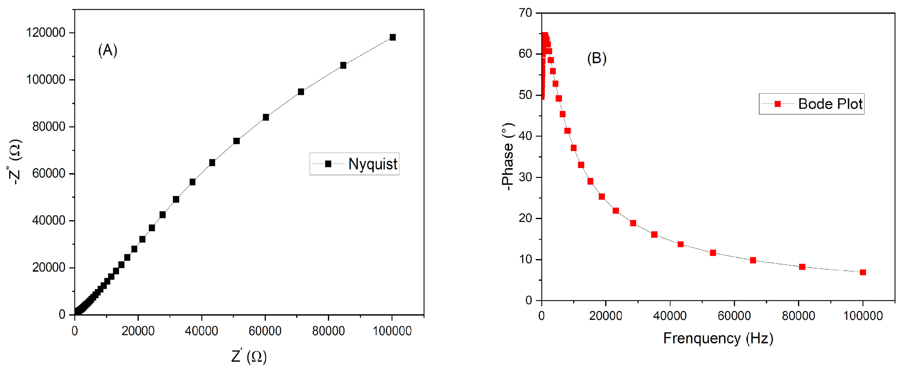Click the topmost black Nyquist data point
click(393, 37)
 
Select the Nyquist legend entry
click(354, 164)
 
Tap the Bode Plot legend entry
click(811, 104)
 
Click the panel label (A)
click(107, 50)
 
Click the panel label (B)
click(597, 58)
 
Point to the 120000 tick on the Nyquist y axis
click(46, 33)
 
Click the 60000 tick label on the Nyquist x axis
click(265, 331)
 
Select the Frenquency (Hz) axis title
click(718, 338)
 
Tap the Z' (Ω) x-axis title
click(249, 356)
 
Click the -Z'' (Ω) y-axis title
click(16, 162)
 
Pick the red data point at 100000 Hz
click(863, 272)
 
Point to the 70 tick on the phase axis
click(526, 13)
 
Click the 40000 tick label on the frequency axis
click(670, 316)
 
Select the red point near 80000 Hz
click(802, 267)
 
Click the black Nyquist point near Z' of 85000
click(343, 65)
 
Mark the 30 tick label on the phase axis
click(526, 177)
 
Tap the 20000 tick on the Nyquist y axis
click(49, 268)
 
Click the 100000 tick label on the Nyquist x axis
click(392, 331)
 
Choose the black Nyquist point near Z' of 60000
click(266, 117)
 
